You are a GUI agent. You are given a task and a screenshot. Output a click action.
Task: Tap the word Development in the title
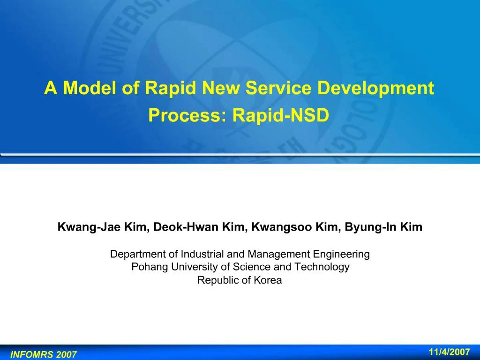(x=375, y=89)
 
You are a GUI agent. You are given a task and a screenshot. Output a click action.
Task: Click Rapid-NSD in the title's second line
(x=281, y=115)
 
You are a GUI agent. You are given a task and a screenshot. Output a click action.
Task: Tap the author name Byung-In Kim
(x=383, y=227)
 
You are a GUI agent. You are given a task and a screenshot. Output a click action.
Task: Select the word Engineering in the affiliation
(x=341, y=255)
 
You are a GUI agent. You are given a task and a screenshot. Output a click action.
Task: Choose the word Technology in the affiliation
(x=322, y=267)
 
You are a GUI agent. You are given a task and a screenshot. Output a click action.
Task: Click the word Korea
(x=268, y=280)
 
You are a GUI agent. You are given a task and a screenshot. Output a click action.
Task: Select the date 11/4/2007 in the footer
(x=450, y=352)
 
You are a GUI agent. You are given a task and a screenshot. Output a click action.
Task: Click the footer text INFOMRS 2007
(x=43, y=354)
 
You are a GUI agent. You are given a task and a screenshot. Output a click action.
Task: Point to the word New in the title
(x=221, y=88)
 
